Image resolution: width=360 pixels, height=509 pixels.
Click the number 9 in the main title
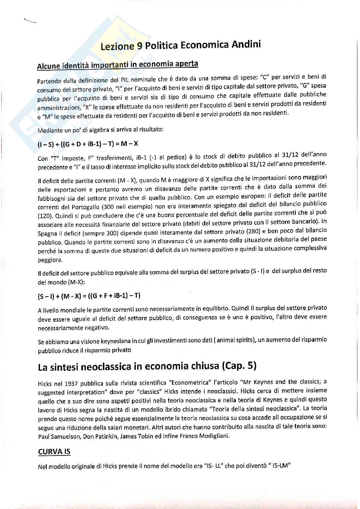tap(139, 46)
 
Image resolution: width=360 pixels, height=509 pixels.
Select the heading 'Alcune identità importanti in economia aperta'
tap(117, 65)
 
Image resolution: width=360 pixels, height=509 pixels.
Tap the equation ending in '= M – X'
tap(88, 144)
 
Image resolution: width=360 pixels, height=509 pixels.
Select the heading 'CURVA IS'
tap(54, 452)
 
